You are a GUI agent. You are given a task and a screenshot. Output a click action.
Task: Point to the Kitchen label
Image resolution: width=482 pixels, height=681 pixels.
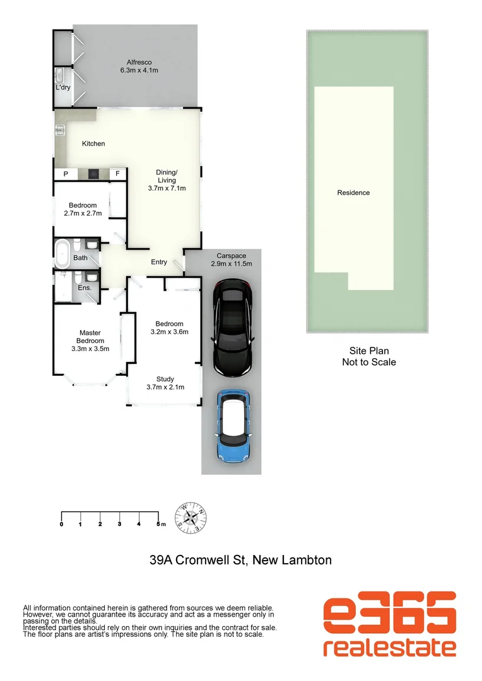[x=93, y=144]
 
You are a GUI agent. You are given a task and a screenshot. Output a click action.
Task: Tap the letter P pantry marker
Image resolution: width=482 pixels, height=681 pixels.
[x=65, y=174]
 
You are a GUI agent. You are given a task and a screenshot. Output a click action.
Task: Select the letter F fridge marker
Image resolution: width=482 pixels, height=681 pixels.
[x=117, y=174]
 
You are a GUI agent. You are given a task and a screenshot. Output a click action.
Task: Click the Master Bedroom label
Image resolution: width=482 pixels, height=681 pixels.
[x=90, y=340]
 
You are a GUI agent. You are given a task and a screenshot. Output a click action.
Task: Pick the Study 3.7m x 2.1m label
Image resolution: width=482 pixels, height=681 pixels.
[x=165, y=383]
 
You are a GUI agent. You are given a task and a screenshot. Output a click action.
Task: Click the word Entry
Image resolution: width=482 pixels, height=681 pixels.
[x=159, y=262]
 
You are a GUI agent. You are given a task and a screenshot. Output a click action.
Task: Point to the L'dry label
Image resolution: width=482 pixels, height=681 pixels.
[x=62, y=88]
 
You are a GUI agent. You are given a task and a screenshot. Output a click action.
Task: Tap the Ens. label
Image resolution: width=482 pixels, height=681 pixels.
[x=85, y=288]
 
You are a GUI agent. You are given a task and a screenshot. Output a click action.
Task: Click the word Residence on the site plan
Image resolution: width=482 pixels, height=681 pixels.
[x=353, y=193]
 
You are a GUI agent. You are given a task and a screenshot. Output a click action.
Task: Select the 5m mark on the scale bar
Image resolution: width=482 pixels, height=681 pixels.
[x=158, y=524]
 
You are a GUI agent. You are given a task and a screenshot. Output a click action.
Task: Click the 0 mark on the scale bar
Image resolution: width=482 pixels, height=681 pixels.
[x=61, y=524]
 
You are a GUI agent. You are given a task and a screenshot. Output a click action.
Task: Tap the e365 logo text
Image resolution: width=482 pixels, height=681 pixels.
[x=389, y=613]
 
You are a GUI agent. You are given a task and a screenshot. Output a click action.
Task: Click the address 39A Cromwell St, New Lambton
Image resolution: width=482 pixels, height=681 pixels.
[x=240, y=559]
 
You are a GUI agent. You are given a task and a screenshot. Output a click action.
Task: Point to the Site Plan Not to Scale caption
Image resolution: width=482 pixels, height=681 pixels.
[x=368, y=356]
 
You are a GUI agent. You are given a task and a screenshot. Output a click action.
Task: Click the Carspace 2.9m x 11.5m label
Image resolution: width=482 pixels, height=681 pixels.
[x=231, y=260]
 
